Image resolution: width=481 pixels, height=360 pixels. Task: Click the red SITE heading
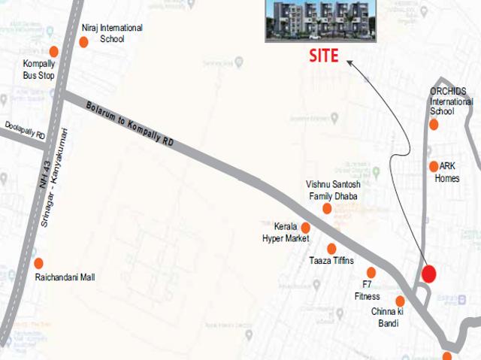tap(324, 56)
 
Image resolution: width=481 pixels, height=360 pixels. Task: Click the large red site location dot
tap(428, 274)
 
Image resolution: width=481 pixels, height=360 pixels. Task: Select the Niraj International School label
tap(112, 33)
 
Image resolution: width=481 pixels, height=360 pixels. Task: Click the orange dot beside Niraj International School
tap(83, 41)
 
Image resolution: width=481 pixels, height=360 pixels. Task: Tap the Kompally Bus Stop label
tap(39, 70)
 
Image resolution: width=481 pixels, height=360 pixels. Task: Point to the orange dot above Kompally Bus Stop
tap(54, 51)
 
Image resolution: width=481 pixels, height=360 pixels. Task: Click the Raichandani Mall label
tap(65, 277)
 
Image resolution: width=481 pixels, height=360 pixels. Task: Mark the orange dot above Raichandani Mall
tap(39, 263)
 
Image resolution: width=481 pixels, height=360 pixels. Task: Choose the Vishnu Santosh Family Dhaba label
tap(333, 190)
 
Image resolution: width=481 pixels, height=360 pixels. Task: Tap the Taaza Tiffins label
tap(331, 261)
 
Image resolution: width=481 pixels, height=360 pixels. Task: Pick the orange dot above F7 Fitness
tap(371, 272)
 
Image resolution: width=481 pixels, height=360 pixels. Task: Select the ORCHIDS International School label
tap(451, 101)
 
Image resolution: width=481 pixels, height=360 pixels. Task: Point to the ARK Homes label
tap(447, 173)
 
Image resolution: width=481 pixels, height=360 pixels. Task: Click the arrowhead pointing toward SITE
tap(350, 65)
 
